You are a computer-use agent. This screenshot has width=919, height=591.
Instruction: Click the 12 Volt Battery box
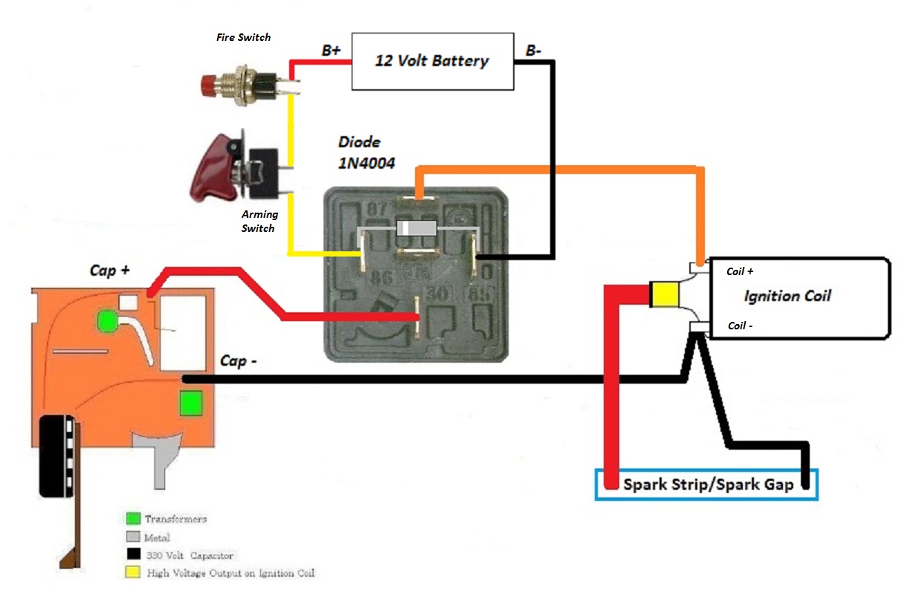click(x=432, y=61)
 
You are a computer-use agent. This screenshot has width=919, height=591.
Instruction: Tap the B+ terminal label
click(x=331, y=51)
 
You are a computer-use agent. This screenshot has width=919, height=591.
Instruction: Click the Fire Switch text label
click(x=243, y=36)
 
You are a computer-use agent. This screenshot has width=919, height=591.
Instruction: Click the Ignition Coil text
click(x=787, y=296)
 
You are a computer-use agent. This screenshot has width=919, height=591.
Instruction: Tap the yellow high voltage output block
click(x=664, y=295)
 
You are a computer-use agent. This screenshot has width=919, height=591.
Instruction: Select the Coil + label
click(x=740, y=271)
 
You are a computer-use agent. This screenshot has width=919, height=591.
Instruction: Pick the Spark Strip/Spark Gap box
click(x=706, y=485)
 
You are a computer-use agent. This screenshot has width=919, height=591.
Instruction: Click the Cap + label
click(x=109, y=271)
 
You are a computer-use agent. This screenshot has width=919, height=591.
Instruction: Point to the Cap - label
click(x=239, y=361)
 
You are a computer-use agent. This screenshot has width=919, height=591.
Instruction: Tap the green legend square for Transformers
click(x=134, y=518)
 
